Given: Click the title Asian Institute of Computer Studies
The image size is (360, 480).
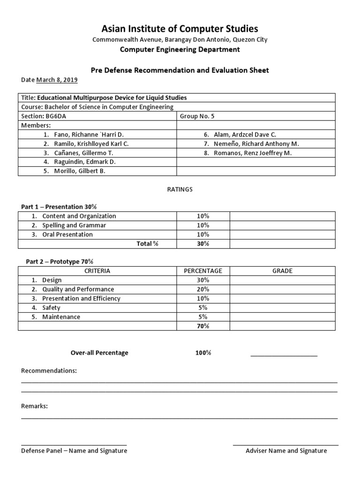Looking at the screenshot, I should [180, 29].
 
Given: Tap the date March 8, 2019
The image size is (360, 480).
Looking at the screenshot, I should [57, 80].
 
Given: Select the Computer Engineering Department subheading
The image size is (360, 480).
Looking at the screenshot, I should [180, 50].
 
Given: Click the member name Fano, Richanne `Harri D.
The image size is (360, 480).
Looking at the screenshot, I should [82, 135].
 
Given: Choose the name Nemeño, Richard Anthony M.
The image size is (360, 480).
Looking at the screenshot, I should [256, 144].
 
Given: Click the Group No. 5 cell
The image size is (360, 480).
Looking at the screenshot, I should [197, 116].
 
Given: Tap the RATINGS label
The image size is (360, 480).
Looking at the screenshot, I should [180, 190].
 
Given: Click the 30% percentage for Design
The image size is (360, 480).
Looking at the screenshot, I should [203, 280].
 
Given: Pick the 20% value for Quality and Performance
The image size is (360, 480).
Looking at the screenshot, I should [203, 289].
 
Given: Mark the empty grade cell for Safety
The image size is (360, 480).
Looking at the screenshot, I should [282, 308].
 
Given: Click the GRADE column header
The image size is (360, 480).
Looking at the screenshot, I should [282, 271].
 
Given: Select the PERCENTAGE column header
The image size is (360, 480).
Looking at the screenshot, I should [203, 271].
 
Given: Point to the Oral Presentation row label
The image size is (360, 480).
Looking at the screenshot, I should [67, 234].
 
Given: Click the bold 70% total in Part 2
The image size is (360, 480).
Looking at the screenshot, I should [203, 326].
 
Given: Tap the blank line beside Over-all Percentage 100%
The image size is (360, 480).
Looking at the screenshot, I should [284, 355].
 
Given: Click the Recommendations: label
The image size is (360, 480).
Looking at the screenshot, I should [49, 371].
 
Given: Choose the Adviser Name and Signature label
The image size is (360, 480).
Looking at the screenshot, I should [286, 451].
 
